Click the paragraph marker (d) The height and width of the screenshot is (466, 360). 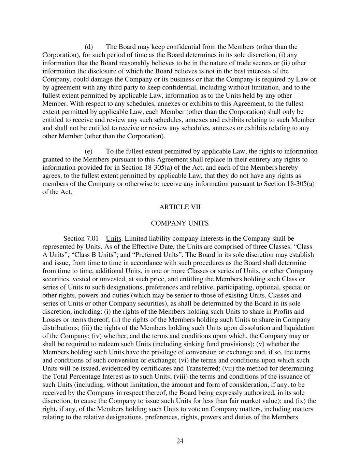pyautogui.click(x=88, y=47)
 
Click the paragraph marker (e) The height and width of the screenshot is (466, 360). pyautogui.click(x=88, y=151)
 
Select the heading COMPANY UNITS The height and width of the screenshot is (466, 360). pyautogui.click(x=179, y=223)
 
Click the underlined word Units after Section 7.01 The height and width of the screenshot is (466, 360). pyautogui.click(x=114, y=238)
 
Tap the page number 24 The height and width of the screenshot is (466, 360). pyautogui.click(x=180, y=441)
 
